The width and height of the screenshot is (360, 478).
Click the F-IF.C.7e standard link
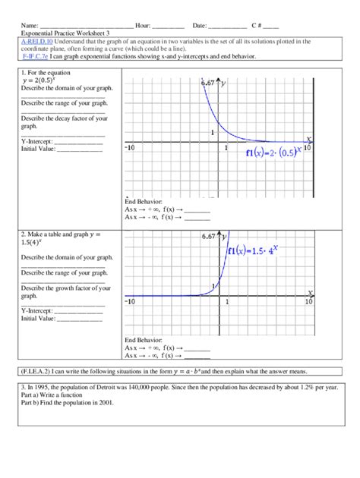36,56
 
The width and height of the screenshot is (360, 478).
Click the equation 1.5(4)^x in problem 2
36,245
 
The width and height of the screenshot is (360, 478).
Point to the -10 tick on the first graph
129,148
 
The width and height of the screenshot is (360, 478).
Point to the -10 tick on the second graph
129,302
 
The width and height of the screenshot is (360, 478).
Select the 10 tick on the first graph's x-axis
308,148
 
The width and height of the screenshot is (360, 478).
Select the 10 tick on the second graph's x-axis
308,302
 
